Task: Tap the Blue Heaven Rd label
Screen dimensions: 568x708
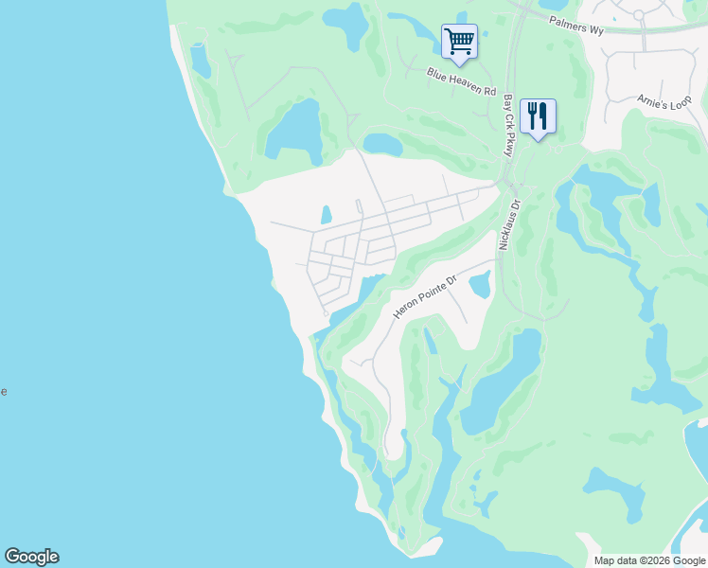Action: click(461, 82)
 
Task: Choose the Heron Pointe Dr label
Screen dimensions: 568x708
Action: click(425, 296)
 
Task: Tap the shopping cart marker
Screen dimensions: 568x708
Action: click(459, 41)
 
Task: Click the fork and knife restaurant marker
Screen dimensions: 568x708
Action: click(538, 116)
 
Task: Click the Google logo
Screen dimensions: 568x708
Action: click(31, 557)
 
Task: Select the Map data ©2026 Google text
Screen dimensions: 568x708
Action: click(648, 560)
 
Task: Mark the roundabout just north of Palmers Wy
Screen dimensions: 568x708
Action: click(639, 14)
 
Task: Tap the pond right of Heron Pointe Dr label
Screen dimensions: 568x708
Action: click(480, 283)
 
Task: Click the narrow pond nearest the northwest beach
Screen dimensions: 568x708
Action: click(200, 60)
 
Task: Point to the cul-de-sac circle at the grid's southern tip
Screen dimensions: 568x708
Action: click(326, 314)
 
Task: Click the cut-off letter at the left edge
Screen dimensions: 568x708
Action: click(3, 391)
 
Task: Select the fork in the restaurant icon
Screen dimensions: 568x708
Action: click(532, 115)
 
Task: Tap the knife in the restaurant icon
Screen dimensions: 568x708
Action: click(543, 115)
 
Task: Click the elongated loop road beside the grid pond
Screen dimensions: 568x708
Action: click(359, 206)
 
